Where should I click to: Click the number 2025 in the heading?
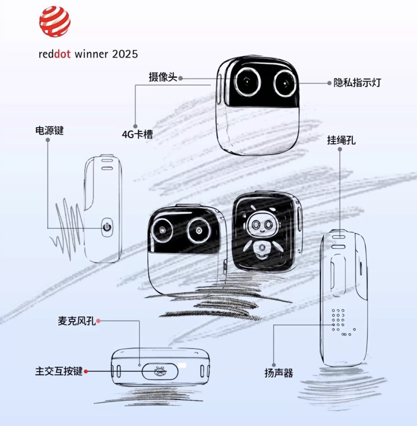point(125,54)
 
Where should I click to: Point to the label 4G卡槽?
point(137,134)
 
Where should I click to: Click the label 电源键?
point(49,130)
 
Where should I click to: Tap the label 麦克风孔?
point(77,322)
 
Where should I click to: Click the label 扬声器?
point(279,373)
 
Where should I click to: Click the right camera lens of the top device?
point(284,83)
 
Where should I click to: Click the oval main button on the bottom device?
point(159,372)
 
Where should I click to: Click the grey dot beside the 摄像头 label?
point(180,78)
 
